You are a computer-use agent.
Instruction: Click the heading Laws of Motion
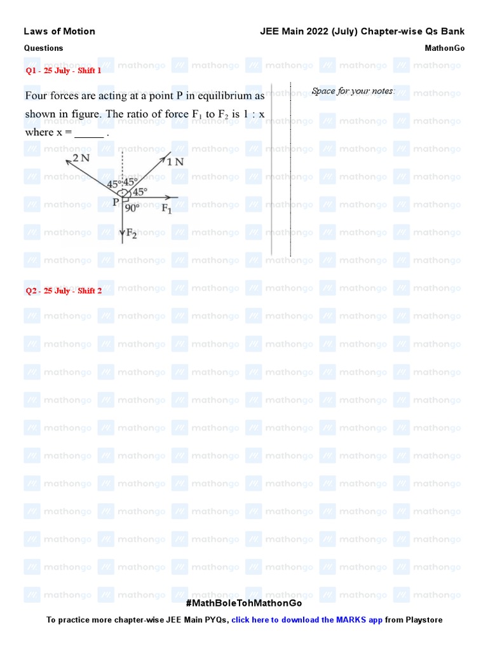pyautogui.click(x=59, y=31)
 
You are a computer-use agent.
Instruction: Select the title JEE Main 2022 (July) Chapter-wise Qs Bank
pyautogui.click(x=362, y=31)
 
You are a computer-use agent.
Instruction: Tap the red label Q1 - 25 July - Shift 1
pyautogui.click(x=64, y=71)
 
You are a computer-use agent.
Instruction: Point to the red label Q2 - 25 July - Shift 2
pyautogui.click(x=64, y=291)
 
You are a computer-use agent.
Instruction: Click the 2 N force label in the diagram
pyautogui.click(x=81, y=158)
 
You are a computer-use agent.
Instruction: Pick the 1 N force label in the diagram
pyautogui.click(x=176, y=161)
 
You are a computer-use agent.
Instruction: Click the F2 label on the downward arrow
pyautogui.click(x=131, y=233)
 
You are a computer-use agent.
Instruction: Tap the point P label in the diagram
pyautogui.click(x=116, y=202)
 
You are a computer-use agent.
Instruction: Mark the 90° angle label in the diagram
pyautogui.click(x=133, y=207)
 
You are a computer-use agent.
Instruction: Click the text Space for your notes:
pyautogui.click(x=353, y=91)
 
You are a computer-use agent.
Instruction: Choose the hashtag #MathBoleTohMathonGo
pyautogui.click(x=244, y=603)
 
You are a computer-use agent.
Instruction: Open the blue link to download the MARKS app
pyautogui.click(x=307, y=620)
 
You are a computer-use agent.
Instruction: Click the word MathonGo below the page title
pyautogui.click(x=444, y=48)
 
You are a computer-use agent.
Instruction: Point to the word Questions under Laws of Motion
pyautogui.click(x=44, y=48)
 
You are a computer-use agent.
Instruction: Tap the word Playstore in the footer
pyautogui.click(x=423, y=620)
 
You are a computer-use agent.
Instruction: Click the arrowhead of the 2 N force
pyautogui.click(x=67, y=161)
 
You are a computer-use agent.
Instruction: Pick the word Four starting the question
pyautogui.click(x=37, y=96)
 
